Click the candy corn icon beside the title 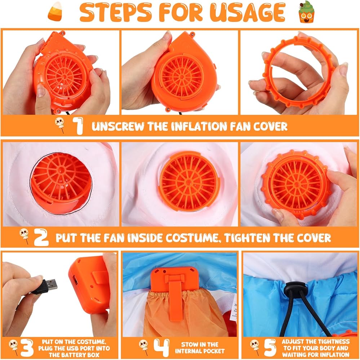55,12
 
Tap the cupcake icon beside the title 306,12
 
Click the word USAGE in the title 247,12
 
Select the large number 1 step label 78,126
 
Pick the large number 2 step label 41,237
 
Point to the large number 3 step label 27,348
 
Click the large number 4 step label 161,348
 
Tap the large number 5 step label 270,348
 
